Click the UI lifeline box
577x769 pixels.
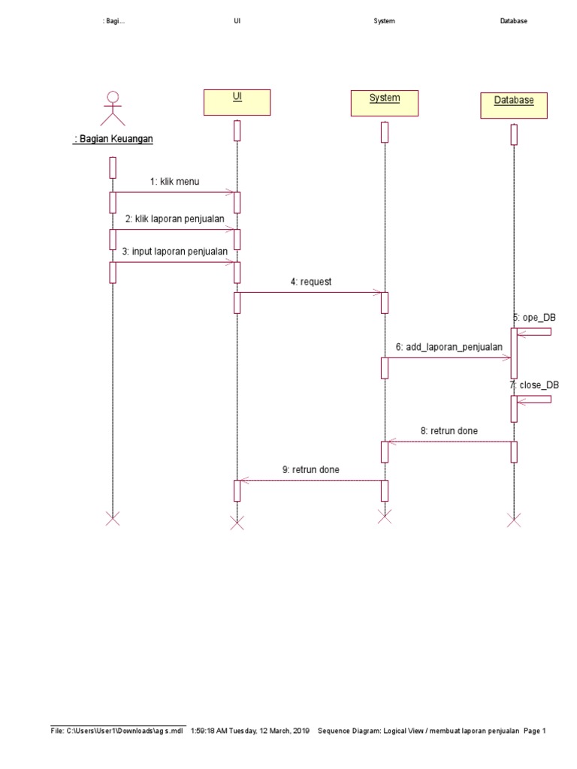click(237, 101)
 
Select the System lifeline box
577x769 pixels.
click(384, 103)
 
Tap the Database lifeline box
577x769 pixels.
click(514, 105)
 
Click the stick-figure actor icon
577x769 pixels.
click(113, 108)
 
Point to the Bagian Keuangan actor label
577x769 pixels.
click(113, 139)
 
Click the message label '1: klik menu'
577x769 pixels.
click(174, 181)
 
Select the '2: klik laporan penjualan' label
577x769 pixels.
click(174, 219)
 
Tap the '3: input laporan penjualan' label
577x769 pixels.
click(174, 252)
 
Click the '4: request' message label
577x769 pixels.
click(311, 282)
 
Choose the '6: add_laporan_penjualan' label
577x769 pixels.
click(449, 348)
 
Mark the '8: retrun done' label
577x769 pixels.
click(449, 431)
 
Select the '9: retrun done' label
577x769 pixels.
click(310, 469)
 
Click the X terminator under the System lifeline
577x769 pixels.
click(384, 516)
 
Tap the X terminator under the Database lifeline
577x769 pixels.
click(514, 520)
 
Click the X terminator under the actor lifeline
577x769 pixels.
click(113, 518)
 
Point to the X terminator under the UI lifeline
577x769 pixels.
click(237, 523)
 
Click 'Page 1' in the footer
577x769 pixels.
click(533, 730)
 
